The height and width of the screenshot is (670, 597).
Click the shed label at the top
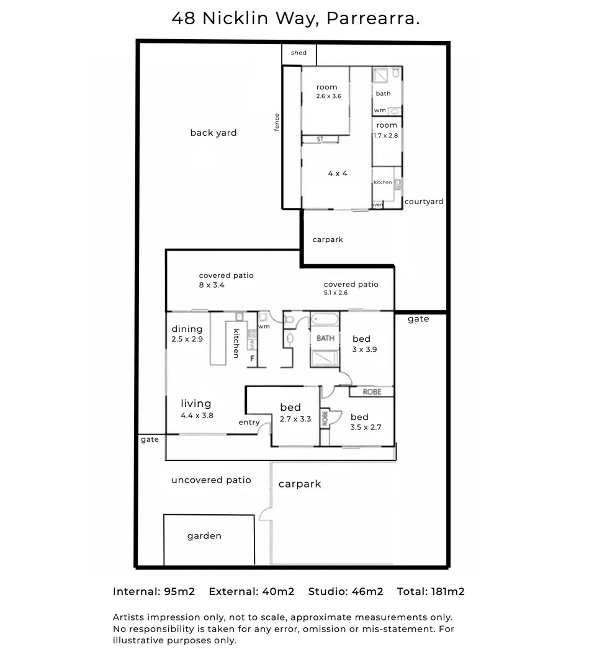pyautogui.click(x=298, y=53)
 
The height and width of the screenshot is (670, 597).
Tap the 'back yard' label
pyautogui.click(x=213, y=133)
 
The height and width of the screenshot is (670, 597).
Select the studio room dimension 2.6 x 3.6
pyautogui.click(x=328, y=96)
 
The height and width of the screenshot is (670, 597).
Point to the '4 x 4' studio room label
pyautogui.click(x=338, y=174)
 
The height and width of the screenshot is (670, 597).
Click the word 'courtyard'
pyautogui.click(x=424, y=202)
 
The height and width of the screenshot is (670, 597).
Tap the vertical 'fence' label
pyautogui.click(x=277, y=122)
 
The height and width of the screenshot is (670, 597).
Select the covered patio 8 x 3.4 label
pyautogui.click(x=226, y=280)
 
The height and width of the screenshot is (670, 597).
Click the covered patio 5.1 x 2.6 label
pyautogui.click(x=351, y=288)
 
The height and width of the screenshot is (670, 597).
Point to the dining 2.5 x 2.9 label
pyautogui.click(x=187, y=334)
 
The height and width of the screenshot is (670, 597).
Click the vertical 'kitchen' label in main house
pyautogui.click(x=236, y=343)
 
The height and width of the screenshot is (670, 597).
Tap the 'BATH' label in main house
pyautogui.click(x=325, y=338)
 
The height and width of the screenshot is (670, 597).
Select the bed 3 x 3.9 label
pyautogui.click(x=364, y=344)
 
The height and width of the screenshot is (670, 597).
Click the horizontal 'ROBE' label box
pyautogui.click(x=372, y=392)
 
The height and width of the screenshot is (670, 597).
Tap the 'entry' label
pyautogui.click(x=249, y=422)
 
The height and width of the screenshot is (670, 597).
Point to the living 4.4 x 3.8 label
pyautogui.click(x=197, y=409)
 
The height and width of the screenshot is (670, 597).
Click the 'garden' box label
pyautogui.click(x=204, y=536)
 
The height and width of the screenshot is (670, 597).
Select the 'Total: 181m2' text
pyautogui.click(x=431, y=591)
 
